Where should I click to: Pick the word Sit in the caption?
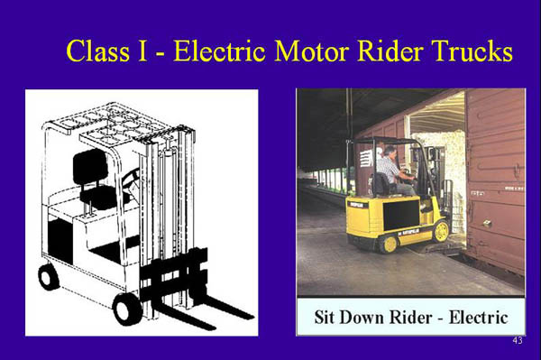(x=327, y=318)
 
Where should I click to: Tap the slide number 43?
(x=517, y=340)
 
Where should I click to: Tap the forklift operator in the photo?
(x=392, y=171)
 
